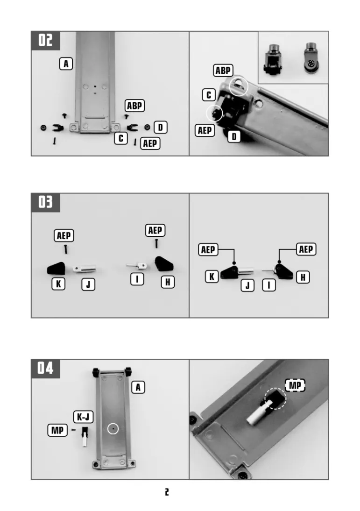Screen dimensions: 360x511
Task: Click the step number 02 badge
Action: click(x=46, y=41)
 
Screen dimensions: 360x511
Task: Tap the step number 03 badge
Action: click(x=46, y=202)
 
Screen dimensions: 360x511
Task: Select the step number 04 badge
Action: click(x=46, y=369)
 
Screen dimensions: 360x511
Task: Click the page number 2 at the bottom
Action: click(x=167, y=492)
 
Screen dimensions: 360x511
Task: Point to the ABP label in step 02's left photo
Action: click(x=134, y=106)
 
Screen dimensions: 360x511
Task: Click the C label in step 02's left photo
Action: click(x=121, y=139)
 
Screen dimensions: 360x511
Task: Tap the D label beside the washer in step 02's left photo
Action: click(x=160, y=127)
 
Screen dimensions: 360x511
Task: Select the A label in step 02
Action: click(x=66, y=64)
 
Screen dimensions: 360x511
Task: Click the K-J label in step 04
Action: click(x=83, y=417)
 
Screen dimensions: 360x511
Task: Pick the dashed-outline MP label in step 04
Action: click(x=295, y=385)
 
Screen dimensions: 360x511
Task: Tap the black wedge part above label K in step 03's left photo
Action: click(x=56, y=269)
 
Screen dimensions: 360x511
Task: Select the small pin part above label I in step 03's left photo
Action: click(x=136, y=266)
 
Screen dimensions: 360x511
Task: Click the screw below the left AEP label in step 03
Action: click(x=66, y=249)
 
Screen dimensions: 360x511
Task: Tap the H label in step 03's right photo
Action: click(x=303, y=277)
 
